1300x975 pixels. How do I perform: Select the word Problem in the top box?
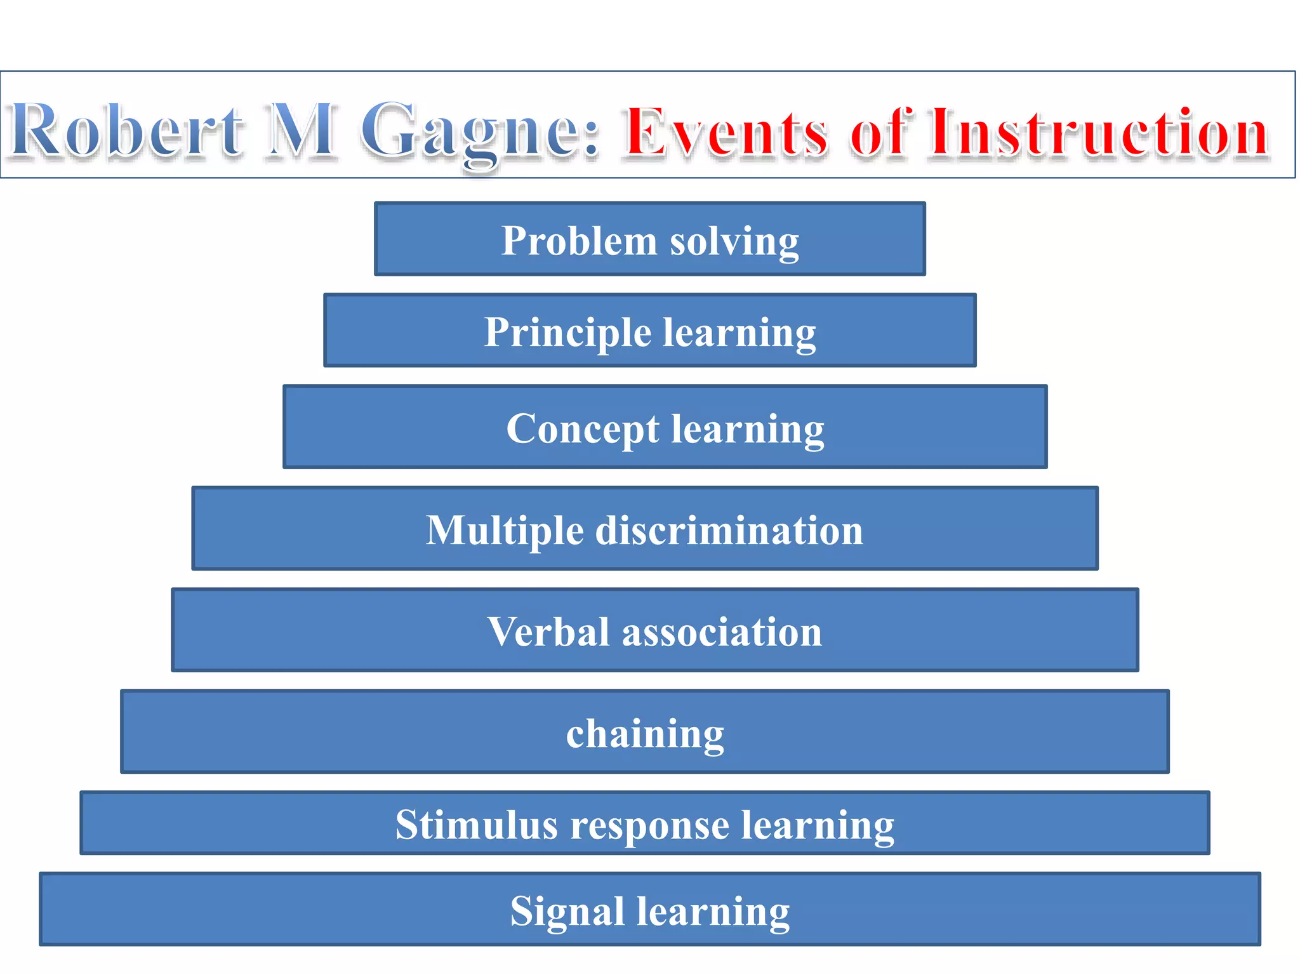click(x=579, y=241)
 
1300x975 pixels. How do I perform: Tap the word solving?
click(x=734, y=242)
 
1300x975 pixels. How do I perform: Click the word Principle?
click(x=567, y=333)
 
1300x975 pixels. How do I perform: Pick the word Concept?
click(x=583, y=430)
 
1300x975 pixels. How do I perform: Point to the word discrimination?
click(x=729, y=530)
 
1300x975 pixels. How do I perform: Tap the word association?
click(x=722, y=632)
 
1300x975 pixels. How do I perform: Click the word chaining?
click(x=645, y=734)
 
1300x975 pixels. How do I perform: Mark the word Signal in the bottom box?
click(x=567, y=912)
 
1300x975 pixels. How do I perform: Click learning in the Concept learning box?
click(x=748, y=430)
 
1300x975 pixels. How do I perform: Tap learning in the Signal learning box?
click(x=713, y=912)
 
